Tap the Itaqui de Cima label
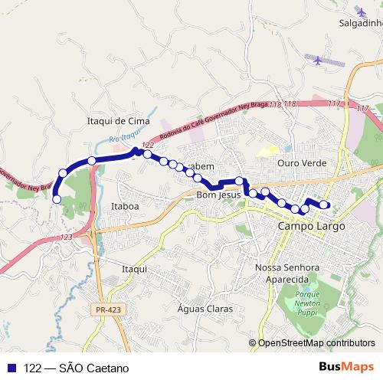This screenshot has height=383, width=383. (x=118, y=121)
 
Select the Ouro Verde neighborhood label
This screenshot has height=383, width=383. (x=303, y=163)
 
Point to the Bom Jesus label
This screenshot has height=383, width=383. (x=218, y=195)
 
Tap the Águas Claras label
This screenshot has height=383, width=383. (x=205, y=309)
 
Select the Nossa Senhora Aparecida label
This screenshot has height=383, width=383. (x=286, y=273)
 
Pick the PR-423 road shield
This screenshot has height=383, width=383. (x=110, y=309)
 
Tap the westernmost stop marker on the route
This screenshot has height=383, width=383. (x=56, y=199)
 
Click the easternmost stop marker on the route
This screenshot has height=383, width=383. (x=324, y=205)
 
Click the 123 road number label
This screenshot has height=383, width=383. (x=66, y=238)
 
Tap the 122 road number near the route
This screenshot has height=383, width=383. (x=149, y=145)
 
